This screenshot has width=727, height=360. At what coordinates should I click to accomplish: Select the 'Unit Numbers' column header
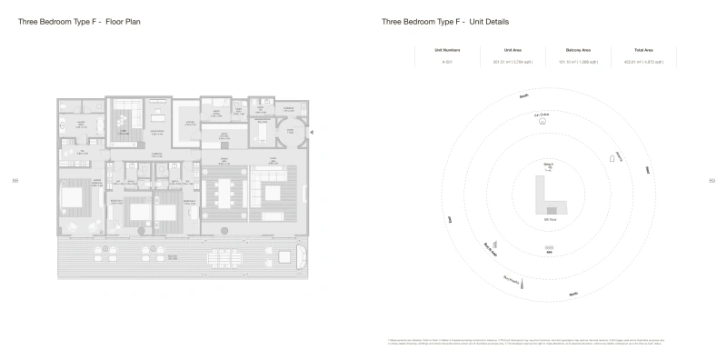[447, 49]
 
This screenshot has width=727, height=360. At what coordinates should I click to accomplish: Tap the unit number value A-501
[447, 62]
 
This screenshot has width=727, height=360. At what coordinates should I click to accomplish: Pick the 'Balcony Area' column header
[573, 49]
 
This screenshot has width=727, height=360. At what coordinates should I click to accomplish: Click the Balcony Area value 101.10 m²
[573, 62]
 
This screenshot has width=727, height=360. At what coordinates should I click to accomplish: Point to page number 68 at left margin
[15, 180]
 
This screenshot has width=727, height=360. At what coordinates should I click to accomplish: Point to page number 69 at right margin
[711, 180]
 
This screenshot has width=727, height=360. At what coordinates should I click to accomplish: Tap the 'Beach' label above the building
[549, 165]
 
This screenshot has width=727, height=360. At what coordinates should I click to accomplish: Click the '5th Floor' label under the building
[549, 220]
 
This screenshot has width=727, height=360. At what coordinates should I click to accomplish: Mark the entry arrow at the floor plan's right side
[313, 133]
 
